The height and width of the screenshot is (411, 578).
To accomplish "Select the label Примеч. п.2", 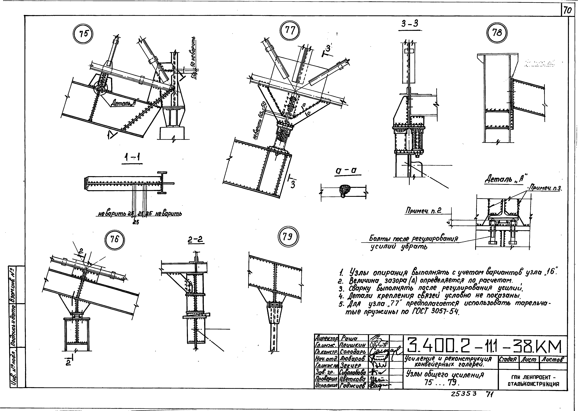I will click(423, 211).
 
